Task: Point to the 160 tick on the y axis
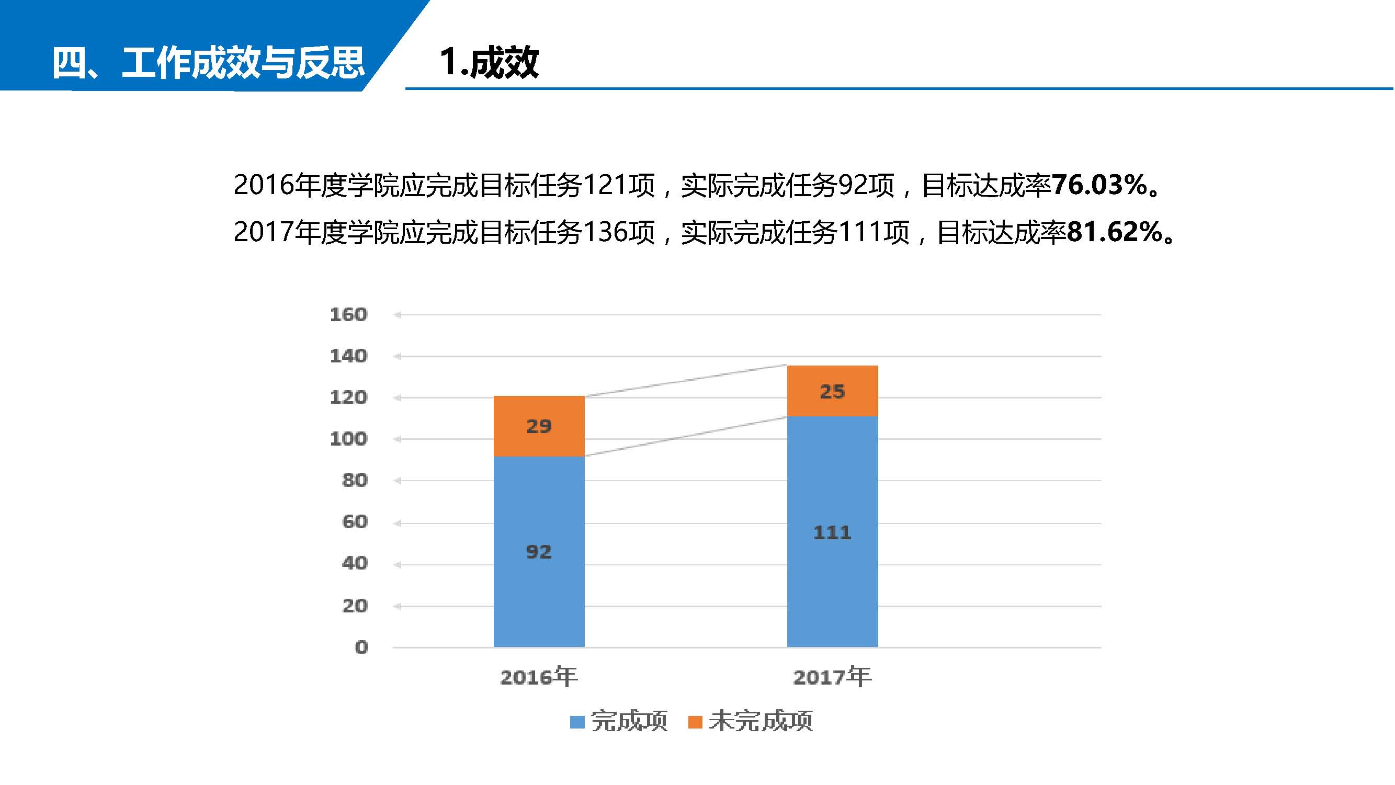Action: [349, 314]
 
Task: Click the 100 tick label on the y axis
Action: [349, 438]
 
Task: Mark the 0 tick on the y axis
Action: [361, 647]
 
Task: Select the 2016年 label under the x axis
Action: [539, 677]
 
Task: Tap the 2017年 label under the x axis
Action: [832, 677]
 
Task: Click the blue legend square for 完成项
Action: [577, 722]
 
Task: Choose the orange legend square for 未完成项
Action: [695, 722]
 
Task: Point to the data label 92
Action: [539, 552]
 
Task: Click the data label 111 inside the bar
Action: [832, 533]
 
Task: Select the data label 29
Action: [539, 427]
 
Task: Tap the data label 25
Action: [832, 391]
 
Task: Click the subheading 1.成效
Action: [489, 62]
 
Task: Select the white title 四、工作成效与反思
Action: [209, 62]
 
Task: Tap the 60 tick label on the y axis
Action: [355, 522]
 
